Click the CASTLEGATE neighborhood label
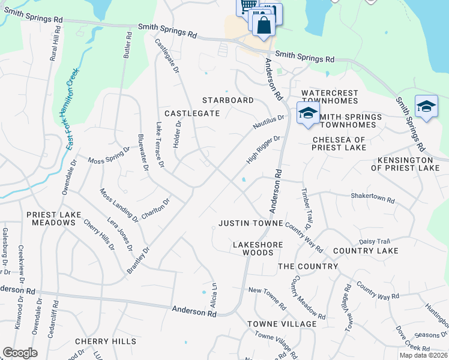click(x=192, y=113)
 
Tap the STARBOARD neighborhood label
click(x=228, y=100)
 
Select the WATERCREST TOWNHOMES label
click(x=330, y=98)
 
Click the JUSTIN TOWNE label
click(x=250, y=223)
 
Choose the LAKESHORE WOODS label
click(x=253, y=249)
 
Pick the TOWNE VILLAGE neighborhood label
click(x=282, y=324)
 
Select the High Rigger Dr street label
click(x=264, y=150)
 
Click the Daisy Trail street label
click(x=375, y=241)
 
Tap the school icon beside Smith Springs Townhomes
click(x=307, y=112)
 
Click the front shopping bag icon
click(x=264, y=25)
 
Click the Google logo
click(x=20, y=353)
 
